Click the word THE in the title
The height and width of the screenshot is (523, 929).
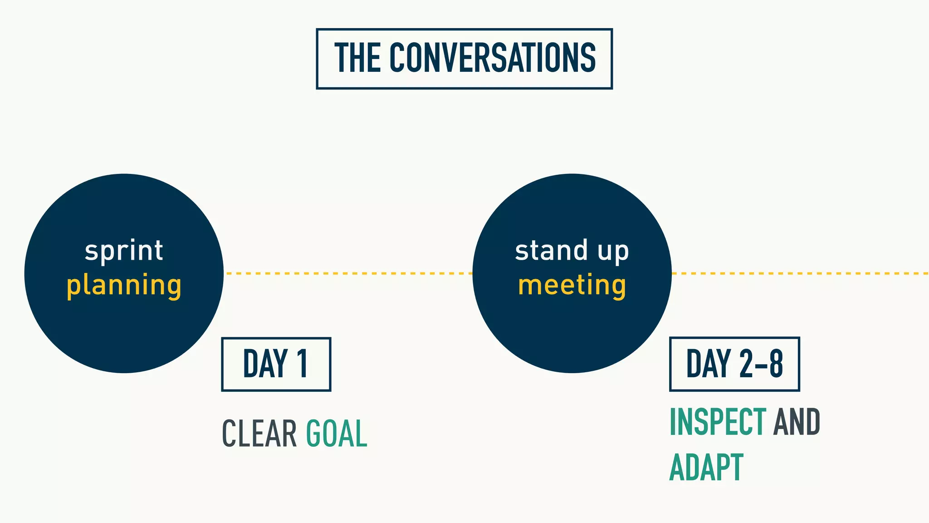(357, 58)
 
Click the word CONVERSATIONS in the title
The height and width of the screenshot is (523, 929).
(493, 58)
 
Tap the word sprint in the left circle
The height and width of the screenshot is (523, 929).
(124, 251)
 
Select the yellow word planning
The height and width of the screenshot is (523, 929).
(124, 286)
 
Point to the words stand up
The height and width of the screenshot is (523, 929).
(572, 251)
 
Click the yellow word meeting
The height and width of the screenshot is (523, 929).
(572, 286)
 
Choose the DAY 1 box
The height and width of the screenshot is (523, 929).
(276, 364)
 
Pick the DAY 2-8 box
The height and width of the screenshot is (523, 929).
(734, 364)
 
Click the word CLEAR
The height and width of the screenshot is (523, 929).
(259, 434)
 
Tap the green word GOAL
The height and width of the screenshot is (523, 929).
(336, 434)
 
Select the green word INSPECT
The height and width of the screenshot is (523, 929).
(718, 422)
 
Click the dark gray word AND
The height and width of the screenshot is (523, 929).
(797, 422)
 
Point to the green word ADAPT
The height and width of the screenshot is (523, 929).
(706, 467)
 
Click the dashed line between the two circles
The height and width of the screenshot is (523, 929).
(348, 273)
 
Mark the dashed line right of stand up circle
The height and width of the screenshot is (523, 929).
(798, 273)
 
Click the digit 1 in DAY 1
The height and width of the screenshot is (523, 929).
(303, 364)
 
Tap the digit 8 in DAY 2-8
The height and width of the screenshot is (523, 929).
(776, 364)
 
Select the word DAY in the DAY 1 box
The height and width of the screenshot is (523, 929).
(265, 364)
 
